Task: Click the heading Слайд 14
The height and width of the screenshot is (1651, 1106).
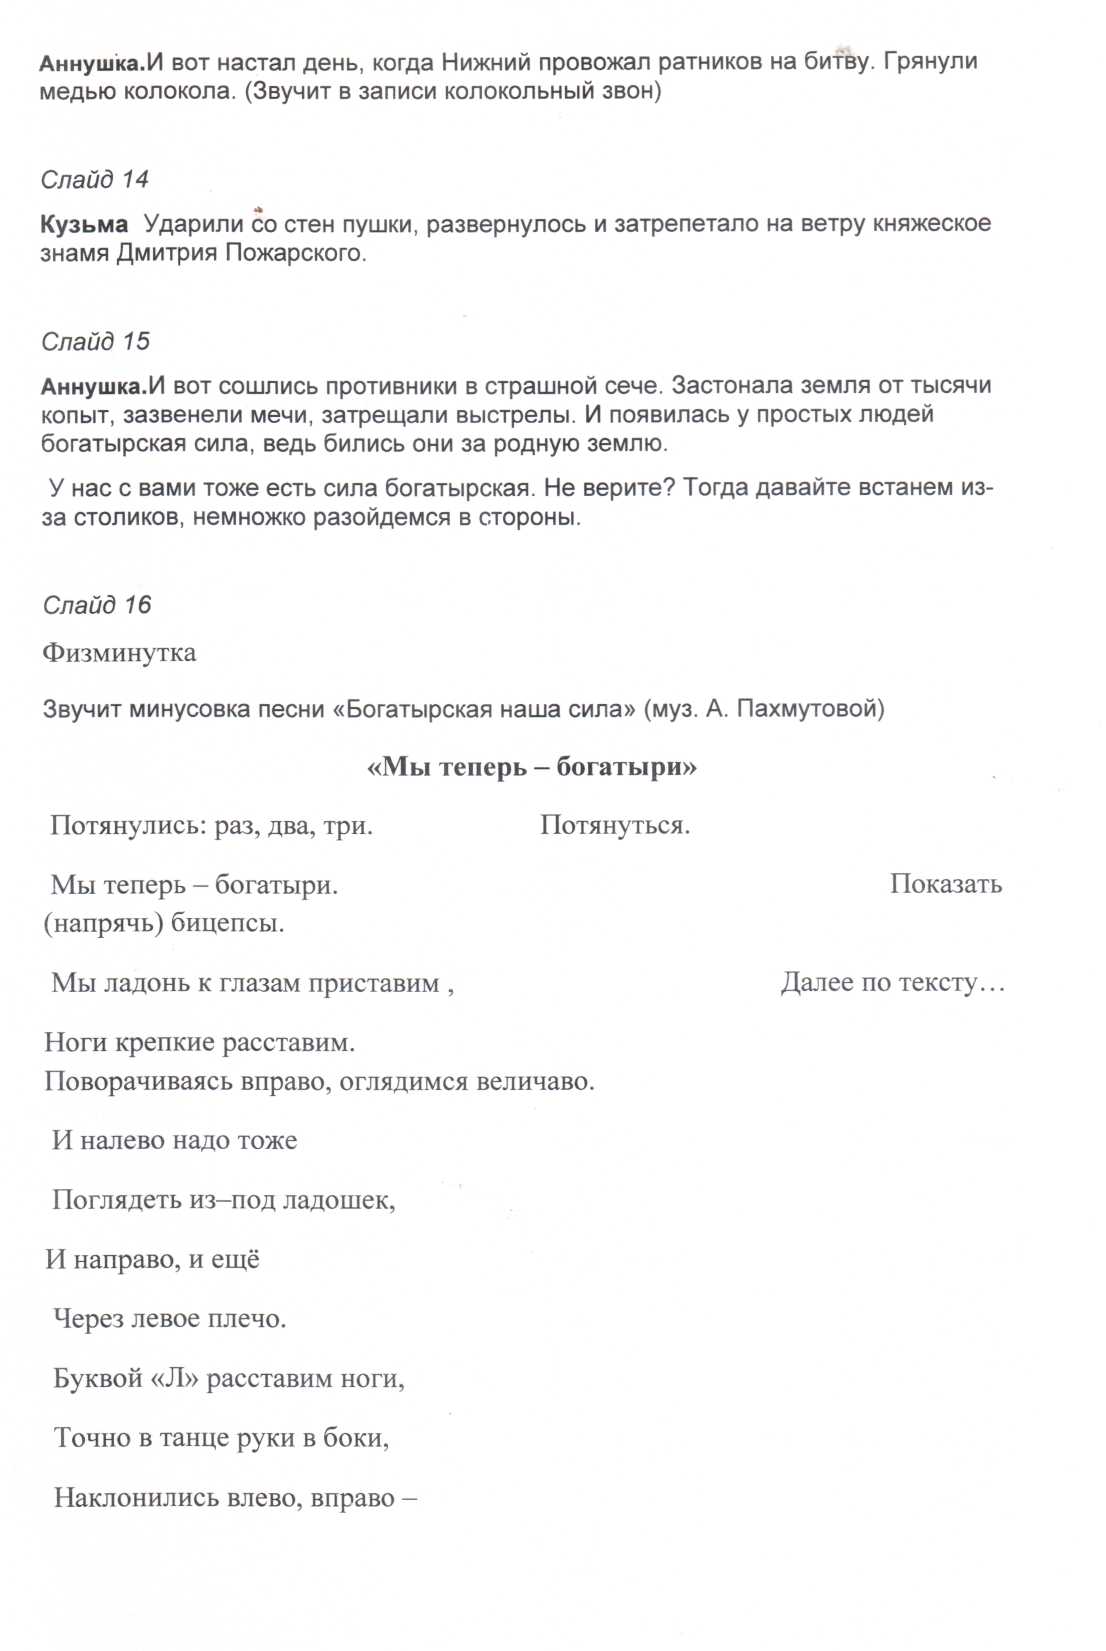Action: click(95, 180)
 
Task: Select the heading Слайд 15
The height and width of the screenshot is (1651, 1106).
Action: click(95, 342)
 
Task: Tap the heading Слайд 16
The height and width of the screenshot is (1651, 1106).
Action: click(97, 605)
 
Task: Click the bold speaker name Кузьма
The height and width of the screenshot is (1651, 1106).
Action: click(84, 225)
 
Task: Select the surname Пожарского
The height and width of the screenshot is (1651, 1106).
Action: click(295, 254)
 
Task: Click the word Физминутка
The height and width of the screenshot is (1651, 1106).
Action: click(119, 653)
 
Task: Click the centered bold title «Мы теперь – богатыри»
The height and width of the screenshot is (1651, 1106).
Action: click(532, 768)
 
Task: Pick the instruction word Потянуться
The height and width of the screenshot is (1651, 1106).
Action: click(615, 826)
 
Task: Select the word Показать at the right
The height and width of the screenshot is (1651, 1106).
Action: click(945, 885)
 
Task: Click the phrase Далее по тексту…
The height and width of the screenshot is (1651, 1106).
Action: click(892, 983)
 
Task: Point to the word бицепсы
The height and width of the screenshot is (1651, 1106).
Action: click(227, 923)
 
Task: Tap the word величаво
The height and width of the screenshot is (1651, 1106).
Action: click(535, 1082)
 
